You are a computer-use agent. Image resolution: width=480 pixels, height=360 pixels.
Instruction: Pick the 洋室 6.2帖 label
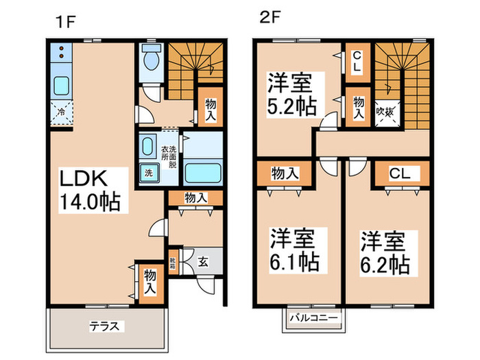pos(384,252)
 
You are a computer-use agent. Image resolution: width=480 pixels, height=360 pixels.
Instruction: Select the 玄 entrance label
pos(204,261)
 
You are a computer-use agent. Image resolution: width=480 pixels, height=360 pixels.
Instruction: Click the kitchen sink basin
pos(61,87)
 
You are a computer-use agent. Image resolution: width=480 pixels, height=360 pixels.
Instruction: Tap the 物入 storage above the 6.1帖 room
pos(285,174)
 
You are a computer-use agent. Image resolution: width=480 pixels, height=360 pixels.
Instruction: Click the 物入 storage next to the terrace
pos(149,282)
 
